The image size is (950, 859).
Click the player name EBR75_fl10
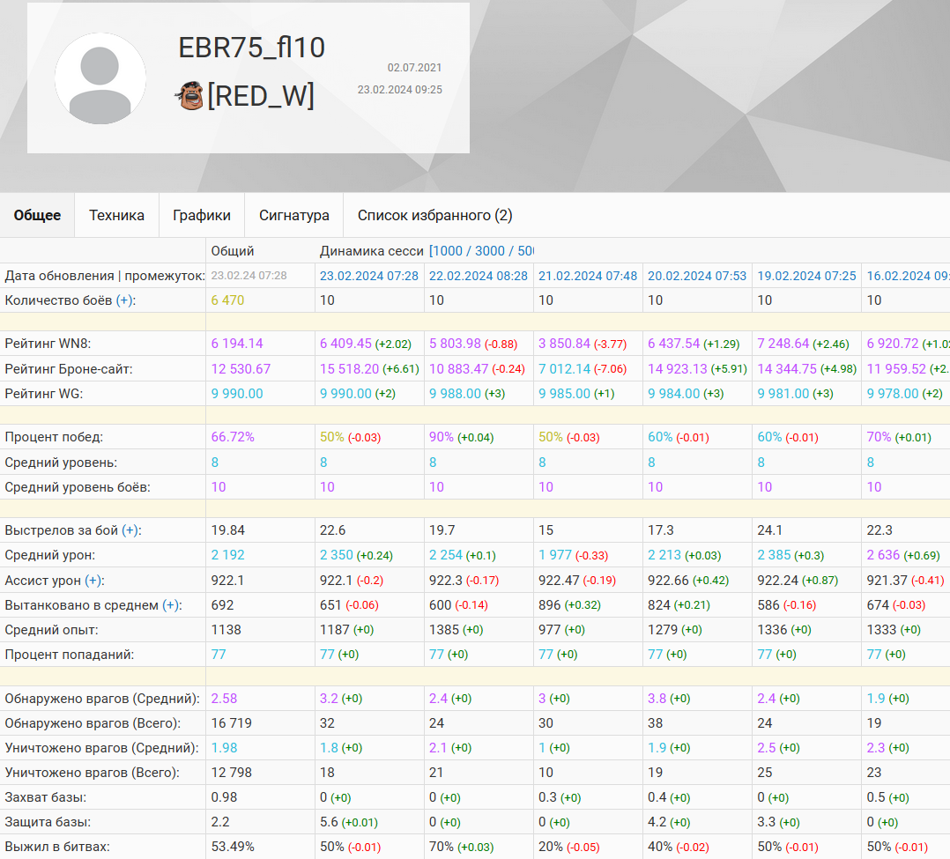(252, 48)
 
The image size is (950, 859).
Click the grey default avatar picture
(100, 78)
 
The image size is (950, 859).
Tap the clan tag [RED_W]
(260, 95)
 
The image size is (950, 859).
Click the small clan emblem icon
(189, 95)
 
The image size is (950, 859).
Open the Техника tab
(116, 215)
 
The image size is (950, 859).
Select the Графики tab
(202, 215)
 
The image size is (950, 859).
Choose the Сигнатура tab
(294, 215)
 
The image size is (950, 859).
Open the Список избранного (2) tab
(434, 215)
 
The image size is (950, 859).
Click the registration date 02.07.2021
(414, 68)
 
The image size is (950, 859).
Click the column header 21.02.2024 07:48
(588, 276)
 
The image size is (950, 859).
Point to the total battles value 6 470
(227, 300)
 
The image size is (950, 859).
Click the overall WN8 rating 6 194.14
(237, 344)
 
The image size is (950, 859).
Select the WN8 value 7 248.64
(783, 344)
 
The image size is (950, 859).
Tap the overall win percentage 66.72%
(233, 437)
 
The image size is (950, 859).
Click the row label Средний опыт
(51, 629)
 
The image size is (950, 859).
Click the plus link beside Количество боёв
(125, 300)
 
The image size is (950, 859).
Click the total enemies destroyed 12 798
(232, 773)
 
